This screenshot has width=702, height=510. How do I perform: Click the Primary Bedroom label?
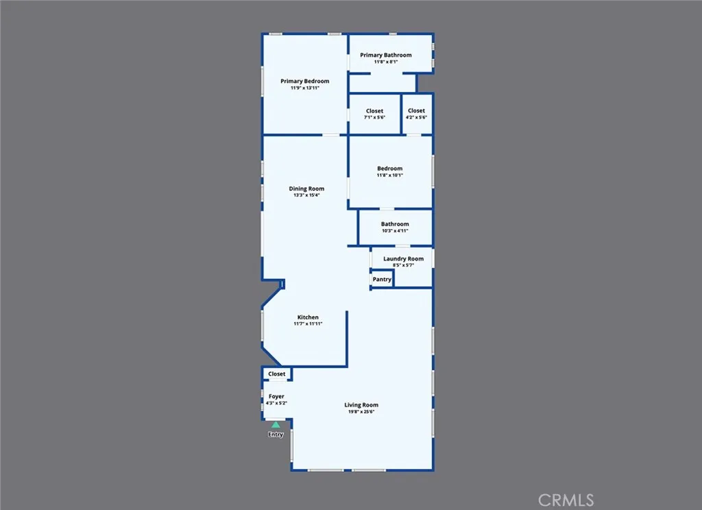304,82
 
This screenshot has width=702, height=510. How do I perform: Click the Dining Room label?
306,189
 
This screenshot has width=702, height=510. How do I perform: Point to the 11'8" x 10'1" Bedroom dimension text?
389,175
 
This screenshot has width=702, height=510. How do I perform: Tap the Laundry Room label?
403,258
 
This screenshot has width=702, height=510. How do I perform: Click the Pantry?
382,280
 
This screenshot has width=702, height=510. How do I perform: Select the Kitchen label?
308,317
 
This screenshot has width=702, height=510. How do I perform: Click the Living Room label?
361,405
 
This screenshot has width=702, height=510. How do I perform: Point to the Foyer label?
276,396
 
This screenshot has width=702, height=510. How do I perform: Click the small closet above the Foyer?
277,374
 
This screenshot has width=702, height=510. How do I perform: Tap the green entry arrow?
276,425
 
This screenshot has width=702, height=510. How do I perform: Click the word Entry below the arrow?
276,435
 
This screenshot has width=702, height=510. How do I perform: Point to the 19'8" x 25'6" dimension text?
361,411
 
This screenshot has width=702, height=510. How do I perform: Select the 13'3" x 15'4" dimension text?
306,195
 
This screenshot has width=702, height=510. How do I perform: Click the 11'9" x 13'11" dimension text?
304,88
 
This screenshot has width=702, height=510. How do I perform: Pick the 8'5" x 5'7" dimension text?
403,265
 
